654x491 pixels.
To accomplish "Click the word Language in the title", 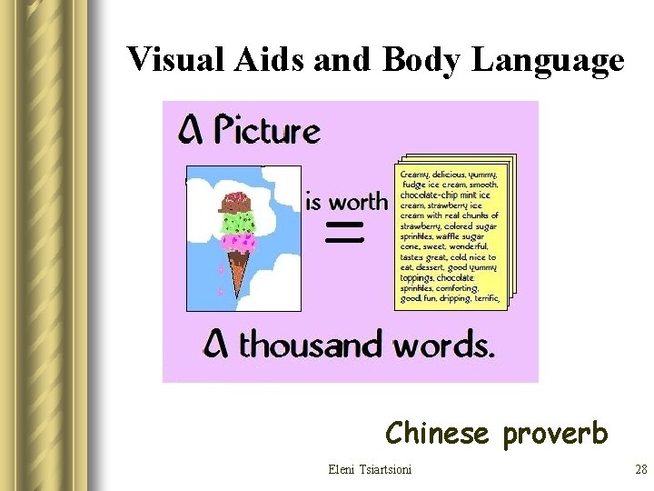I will click(x=549, y=60).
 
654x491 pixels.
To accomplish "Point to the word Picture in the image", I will click(x=266, y=132).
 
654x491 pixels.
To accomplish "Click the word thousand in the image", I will click(x=314, y=346).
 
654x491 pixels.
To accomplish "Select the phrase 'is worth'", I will click(x=346, y=201).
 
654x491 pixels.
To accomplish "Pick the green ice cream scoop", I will click(x=238, y=222).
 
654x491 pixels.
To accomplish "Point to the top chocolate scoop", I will click(x=237, y=203).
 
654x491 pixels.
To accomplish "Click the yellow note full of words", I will click(x=451, y=235).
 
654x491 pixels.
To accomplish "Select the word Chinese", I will click(x=437, y=433).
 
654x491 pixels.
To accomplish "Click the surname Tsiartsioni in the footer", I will click(x=385, y=470).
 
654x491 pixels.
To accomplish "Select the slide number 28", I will click(x=640, y=470).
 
